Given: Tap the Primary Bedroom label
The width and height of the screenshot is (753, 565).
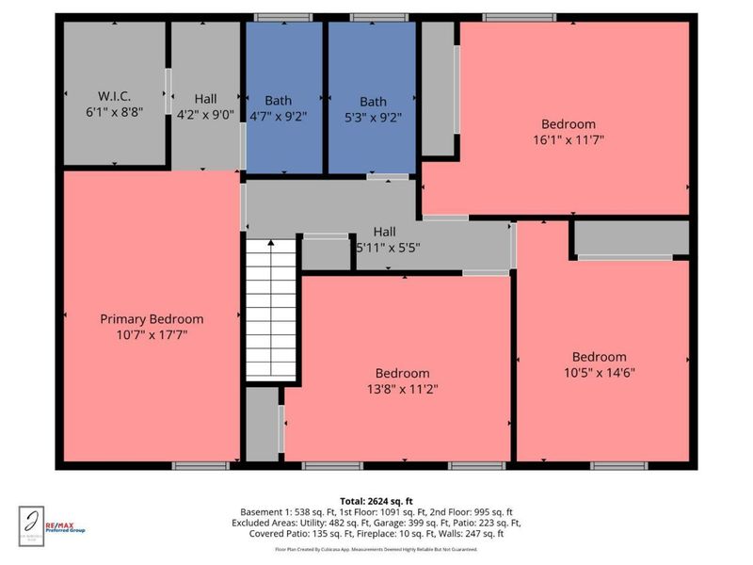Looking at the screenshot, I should (x=152, y=319).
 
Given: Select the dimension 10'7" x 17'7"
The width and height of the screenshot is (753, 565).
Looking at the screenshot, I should (x=152, y=334).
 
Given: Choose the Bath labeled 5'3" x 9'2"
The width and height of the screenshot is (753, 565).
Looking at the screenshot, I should (x=373, y=102).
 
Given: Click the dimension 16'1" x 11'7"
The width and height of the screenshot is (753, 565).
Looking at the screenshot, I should (x=568, y=139).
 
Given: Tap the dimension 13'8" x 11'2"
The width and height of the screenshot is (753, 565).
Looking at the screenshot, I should (x=403, y=388).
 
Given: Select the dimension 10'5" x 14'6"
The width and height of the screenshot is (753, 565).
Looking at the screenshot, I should (x=600, y=372).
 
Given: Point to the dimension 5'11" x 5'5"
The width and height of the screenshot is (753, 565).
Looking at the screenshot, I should (x=386, y=248).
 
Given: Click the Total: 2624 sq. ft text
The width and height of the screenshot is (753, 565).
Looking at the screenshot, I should (x=376, y=501).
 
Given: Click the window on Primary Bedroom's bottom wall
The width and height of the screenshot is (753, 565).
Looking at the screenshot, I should (x=200, y=465).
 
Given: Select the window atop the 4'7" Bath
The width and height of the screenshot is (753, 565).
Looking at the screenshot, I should (x=283, y=17).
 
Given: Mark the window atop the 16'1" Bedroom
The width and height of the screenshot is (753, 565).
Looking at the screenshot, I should (x=512, y=17).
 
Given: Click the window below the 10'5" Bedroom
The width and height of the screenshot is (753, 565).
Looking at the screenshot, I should (x=618, y=465).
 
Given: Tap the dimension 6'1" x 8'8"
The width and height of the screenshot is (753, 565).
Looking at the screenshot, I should (x=112, y=109).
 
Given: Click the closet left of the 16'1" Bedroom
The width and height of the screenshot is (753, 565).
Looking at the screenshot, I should (x=437, y=89).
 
